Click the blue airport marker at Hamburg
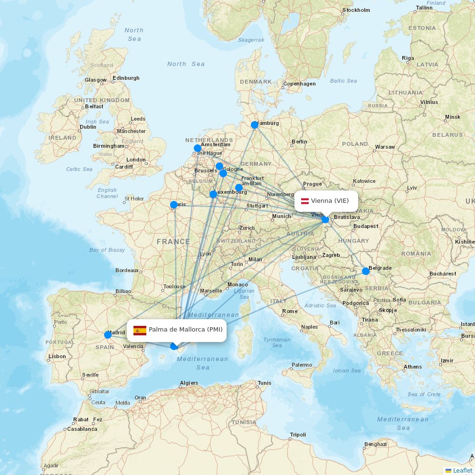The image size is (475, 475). (255, 125)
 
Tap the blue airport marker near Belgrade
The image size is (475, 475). (366, 271)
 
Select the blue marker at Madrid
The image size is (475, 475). (108, 335)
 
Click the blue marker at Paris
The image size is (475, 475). (174, 205)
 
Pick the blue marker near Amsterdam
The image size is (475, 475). (198, 148)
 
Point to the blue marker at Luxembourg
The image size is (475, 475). (213, 194)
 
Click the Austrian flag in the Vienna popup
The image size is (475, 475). (305, 201)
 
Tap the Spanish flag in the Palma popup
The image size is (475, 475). (140, 330)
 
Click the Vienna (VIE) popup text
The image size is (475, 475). (330, 201)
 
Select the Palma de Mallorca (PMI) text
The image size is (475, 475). (185, 330)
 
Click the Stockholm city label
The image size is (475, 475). (356, 10)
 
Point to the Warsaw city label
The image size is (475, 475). (385, 147)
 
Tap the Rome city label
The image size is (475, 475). (290, 312)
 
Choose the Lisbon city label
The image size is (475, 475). (57, 356)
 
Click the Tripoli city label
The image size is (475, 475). (298, 435)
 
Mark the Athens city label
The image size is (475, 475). (413, 367)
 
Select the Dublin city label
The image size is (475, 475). (88, 127)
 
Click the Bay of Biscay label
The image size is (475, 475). (107, 250)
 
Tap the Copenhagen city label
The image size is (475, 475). (299, 84)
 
